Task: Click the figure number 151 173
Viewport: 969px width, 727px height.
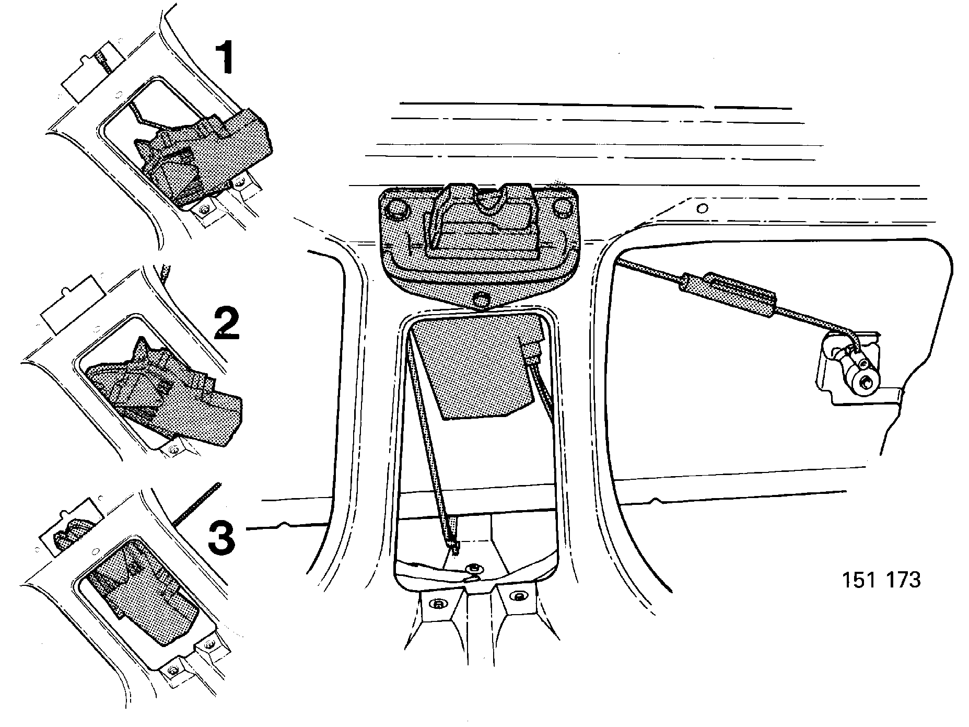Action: pyautogui.click(x=881, y=581)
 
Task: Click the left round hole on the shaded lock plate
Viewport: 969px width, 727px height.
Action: pyautogui.click(x=398, y=208)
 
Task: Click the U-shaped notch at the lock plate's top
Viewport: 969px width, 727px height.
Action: pyautogui.click(x=491, y=201)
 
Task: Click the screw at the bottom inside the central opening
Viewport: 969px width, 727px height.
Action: pyautogui.click(x=474, y=569)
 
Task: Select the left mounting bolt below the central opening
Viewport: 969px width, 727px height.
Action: pyautogui.click(x=438, y=604)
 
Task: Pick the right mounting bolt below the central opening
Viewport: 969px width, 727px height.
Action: pyautogui.click(x=519, y=596)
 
